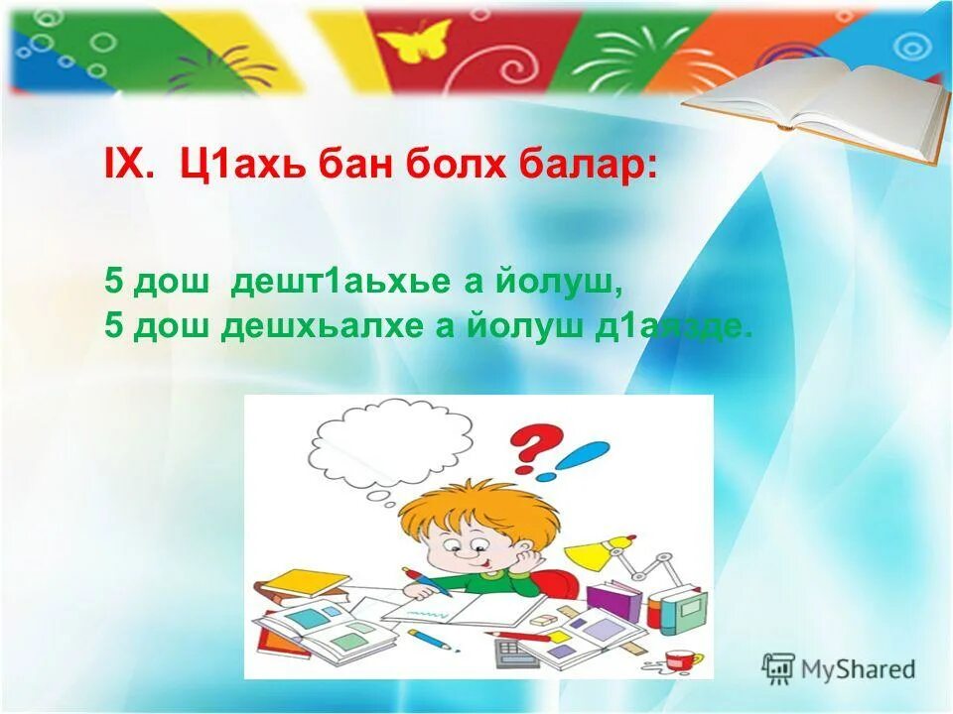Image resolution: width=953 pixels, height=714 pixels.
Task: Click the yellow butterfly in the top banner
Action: [415, 42]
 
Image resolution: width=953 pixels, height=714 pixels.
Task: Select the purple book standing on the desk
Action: [613, 600]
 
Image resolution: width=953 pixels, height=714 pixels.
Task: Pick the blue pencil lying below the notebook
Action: [434, 640]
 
